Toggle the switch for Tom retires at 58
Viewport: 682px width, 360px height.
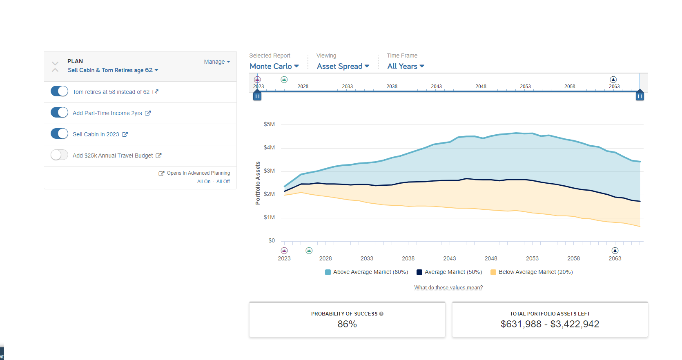click(59, 91)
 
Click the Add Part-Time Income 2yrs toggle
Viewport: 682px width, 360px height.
click(59, 113)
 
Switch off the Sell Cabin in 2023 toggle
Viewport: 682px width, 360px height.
click(59, 134)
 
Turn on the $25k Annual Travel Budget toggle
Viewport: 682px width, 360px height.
click(59, 155)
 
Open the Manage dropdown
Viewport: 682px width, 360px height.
click(217, 62)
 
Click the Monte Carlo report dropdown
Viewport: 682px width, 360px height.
click(274, 67)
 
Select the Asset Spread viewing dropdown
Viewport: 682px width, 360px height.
click(343, 67)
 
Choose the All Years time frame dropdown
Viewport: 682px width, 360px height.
click(406, 67)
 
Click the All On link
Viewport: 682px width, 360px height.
click(204, 182)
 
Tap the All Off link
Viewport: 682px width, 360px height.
click(223, 182)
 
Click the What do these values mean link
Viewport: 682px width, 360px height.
click(448, 288)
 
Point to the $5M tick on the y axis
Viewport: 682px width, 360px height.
click(269, 124)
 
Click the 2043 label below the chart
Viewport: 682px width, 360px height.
click(449, 258)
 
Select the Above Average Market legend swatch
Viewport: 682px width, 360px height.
click(328, 272)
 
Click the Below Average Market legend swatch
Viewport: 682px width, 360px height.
click(493, 272)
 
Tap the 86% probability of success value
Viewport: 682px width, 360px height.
click(347, 324)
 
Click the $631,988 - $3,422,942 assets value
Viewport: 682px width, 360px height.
click(550, 324)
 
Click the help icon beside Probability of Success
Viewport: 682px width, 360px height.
click(381, 314)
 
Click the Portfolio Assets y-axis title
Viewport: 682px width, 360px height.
click(258, 183)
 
